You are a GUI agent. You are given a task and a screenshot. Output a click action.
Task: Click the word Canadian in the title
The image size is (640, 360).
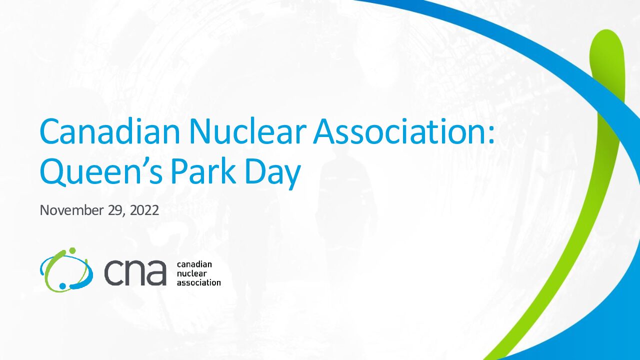(x=110, y=130)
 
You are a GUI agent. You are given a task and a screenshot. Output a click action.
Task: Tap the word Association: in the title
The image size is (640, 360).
(x=403, y=130)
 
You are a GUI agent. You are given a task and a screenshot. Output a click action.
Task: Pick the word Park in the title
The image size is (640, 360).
(x=203, y=171)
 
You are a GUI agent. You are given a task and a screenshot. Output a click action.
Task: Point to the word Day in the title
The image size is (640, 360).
(x=273, y=173)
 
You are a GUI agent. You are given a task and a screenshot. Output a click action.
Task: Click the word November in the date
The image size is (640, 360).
(x=71, y=210)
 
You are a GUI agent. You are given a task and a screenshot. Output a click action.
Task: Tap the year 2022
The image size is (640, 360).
(x=144, y=210)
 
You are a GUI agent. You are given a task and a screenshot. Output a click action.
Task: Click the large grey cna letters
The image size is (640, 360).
(x=135, y=272)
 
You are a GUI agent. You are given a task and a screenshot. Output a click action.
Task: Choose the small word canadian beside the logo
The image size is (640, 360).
(x=194, y=264)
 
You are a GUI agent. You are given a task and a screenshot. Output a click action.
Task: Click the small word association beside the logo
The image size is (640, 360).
(x=199, y=282)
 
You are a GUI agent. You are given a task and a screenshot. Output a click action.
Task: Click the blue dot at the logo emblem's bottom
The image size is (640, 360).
(x=62, y=285)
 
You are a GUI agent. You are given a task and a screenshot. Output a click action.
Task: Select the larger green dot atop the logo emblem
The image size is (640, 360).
(x=72, y=250)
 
